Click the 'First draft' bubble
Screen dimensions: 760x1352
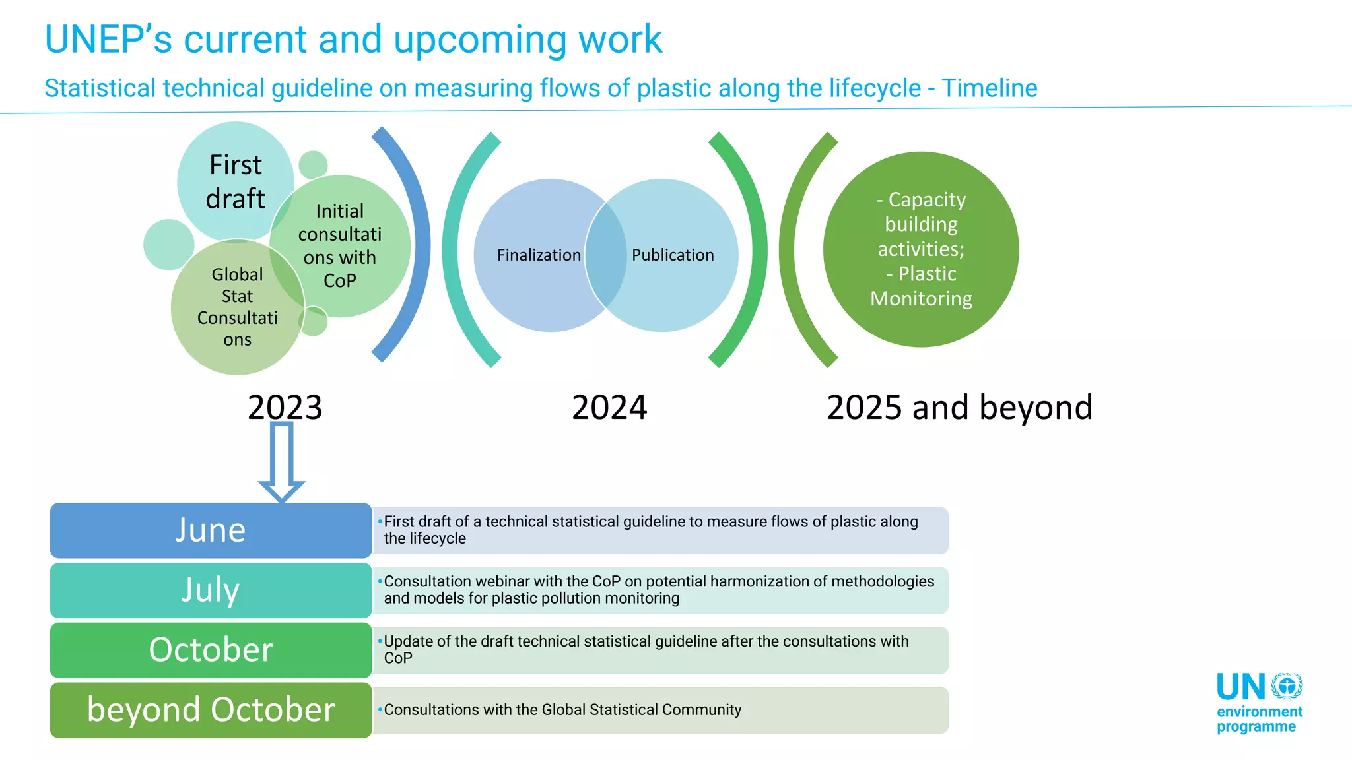click(235, 181)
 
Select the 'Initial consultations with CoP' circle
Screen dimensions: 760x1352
click(340, 245)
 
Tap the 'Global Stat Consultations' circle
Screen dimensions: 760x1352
click(237, 307)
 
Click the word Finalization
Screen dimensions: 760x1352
click(539, 255)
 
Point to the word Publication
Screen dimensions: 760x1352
click(673, 255)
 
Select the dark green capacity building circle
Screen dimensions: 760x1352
click(921, 249)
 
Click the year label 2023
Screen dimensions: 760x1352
click(285, 407)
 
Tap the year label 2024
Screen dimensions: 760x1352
click(609, 407)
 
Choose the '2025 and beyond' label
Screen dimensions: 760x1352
click(959, 407)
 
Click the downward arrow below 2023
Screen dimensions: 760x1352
click(282, 462)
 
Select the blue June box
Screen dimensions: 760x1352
click(211, 530)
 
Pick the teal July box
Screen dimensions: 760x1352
click(211, 590)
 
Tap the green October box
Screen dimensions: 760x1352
click(211, 650)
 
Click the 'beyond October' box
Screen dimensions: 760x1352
click(211, 710)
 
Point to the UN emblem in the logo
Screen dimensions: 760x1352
click(1287, 686)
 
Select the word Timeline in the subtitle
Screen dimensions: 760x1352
click(989, 88)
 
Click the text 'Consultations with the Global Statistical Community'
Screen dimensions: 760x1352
click(562, 710)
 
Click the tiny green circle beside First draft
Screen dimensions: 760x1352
click(313, 165)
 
